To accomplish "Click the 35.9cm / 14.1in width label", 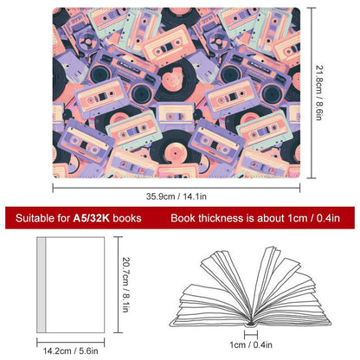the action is pyautogui.click(x=176, y=196).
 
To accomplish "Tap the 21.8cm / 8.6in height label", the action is pyautogui.click(x=318, y=93).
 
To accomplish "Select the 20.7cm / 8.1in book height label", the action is pyautogui.click(x=125, y=285).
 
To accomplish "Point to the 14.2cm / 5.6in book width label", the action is pyautogui.click(x=71, y=351).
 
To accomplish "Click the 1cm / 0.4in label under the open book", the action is pyautogui.click(x=251, y=344).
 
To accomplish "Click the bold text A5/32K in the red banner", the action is pyautogui.click(x=91, y=218).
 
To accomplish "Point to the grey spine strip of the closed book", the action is pyautogui.click(x=42, y=285).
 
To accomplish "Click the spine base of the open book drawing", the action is pyautogui.click(x=251, y=325).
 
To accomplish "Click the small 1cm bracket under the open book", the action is pyautogui.click(x=251, y=335).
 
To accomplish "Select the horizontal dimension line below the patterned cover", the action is pyautogui.click(x=177, y=188).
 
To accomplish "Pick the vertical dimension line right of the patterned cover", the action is pyautogui.click(x=312, y=93).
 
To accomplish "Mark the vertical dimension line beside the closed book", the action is pyautogui.click(x=118, y=285).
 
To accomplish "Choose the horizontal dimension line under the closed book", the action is pyautogui.click(x=71, y=343).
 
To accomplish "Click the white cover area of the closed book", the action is pyautogui.click(x=75, y=285).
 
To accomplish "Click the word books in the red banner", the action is pyautogui.click(x=127, y=218).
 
